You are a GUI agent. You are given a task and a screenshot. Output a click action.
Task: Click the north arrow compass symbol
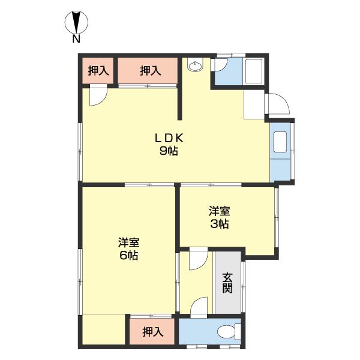click(76, 23)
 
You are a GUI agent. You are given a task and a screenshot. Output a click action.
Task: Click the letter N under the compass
click(76, 40)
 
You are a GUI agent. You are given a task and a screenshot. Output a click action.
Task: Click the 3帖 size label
click(219, 224)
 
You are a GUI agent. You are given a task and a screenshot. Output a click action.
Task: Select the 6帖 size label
click(128, 256)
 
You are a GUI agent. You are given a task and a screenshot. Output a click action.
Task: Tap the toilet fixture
click(227, 332)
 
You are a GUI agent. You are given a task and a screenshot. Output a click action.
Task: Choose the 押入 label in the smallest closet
click(98, 71)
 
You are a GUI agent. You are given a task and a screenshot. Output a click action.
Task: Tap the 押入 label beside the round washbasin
click(150, 71)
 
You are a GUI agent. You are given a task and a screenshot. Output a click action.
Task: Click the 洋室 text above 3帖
click(219, 211)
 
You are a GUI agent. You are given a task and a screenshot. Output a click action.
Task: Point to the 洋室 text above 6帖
click(128, 242)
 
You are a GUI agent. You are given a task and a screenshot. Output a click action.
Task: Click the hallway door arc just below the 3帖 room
click(198, 259)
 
